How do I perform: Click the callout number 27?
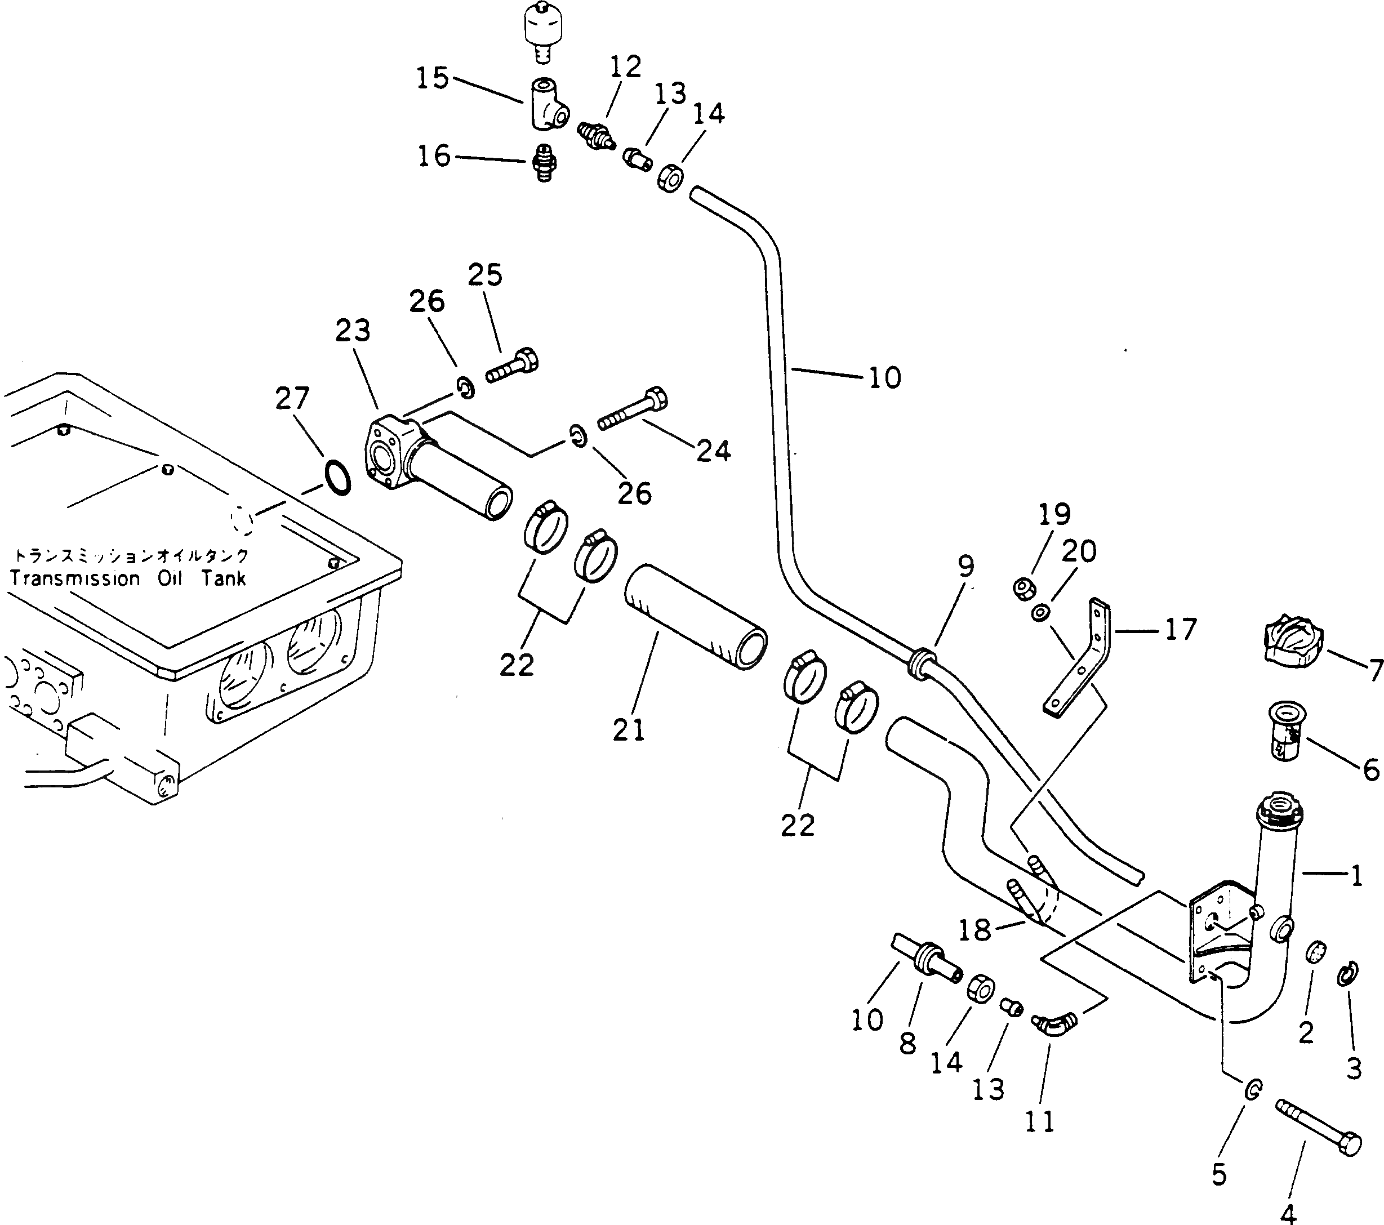(292, 399)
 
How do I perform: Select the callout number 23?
(353, 331)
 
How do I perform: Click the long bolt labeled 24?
(633, 408)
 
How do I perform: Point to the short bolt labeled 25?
(513, 365)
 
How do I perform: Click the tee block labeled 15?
(547, 104)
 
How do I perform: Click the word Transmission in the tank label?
(75, 579)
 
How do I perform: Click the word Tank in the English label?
(224, 579)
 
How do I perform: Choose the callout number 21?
(629, 730)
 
